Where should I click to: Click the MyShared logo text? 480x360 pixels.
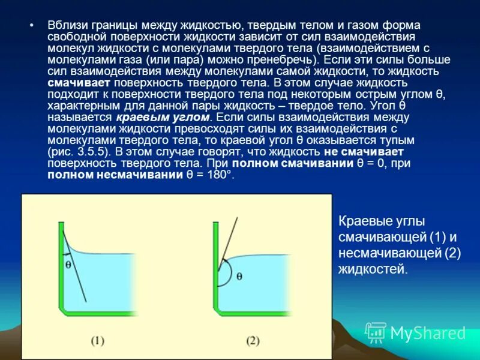[x=428, y=332]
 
